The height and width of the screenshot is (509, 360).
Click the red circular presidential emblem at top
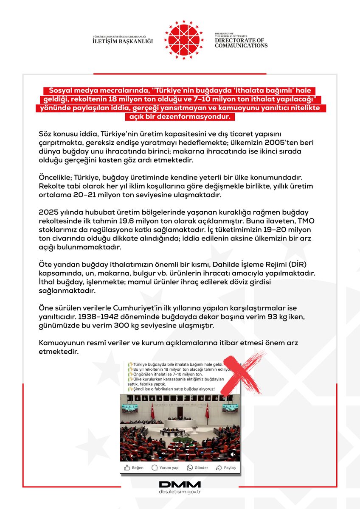pyautogui.click(x=184, y=39)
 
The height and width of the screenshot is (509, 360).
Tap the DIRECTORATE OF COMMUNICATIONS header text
pyautogui.click(x=241, y=42)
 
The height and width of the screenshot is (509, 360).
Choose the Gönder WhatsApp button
pyautogui.click(x=197, y=467)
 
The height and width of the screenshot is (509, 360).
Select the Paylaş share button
pyautogui.click(x=226, y=467)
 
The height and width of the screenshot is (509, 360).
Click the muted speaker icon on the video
pyautogui.click(x=232, y=454)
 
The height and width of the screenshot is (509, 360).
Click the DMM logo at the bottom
pyautogui.click(x=180, y=484)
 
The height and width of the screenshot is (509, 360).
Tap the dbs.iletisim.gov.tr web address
pyautogui.click(x=180, y=492)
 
